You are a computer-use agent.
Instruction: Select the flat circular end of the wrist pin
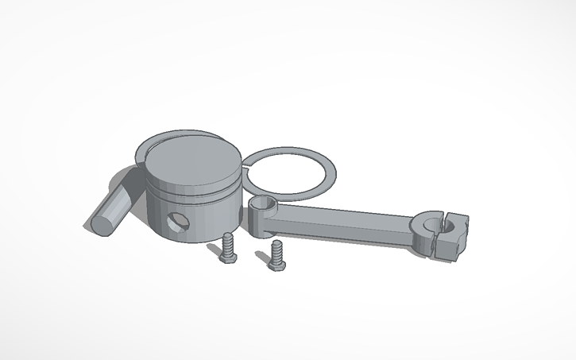point(101,219)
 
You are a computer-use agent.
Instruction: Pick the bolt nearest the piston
point(228,247)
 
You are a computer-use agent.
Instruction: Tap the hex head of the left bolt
point(227,254)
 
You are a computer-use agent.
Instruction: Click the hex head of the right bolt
point(278,261)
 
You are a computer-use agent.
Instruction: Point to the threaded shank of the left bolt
point(229,240)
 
